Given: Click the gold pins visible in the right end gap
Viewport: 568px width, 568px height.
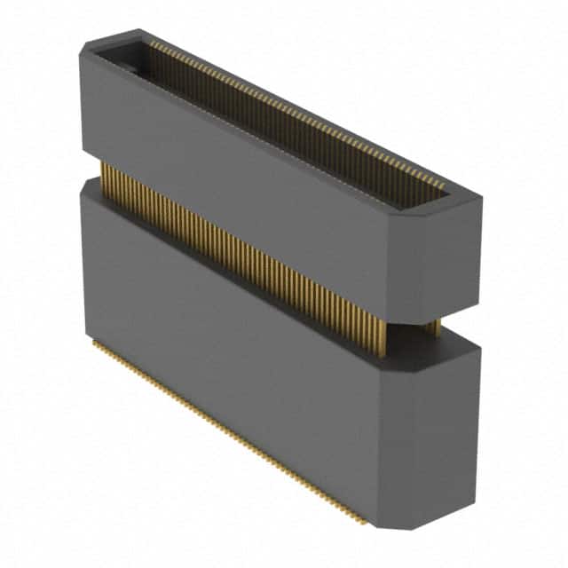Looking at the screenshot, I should click(432, 327).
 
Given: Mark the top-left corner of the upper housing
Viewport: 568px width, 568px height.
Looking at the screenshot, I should click(81, 51).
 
